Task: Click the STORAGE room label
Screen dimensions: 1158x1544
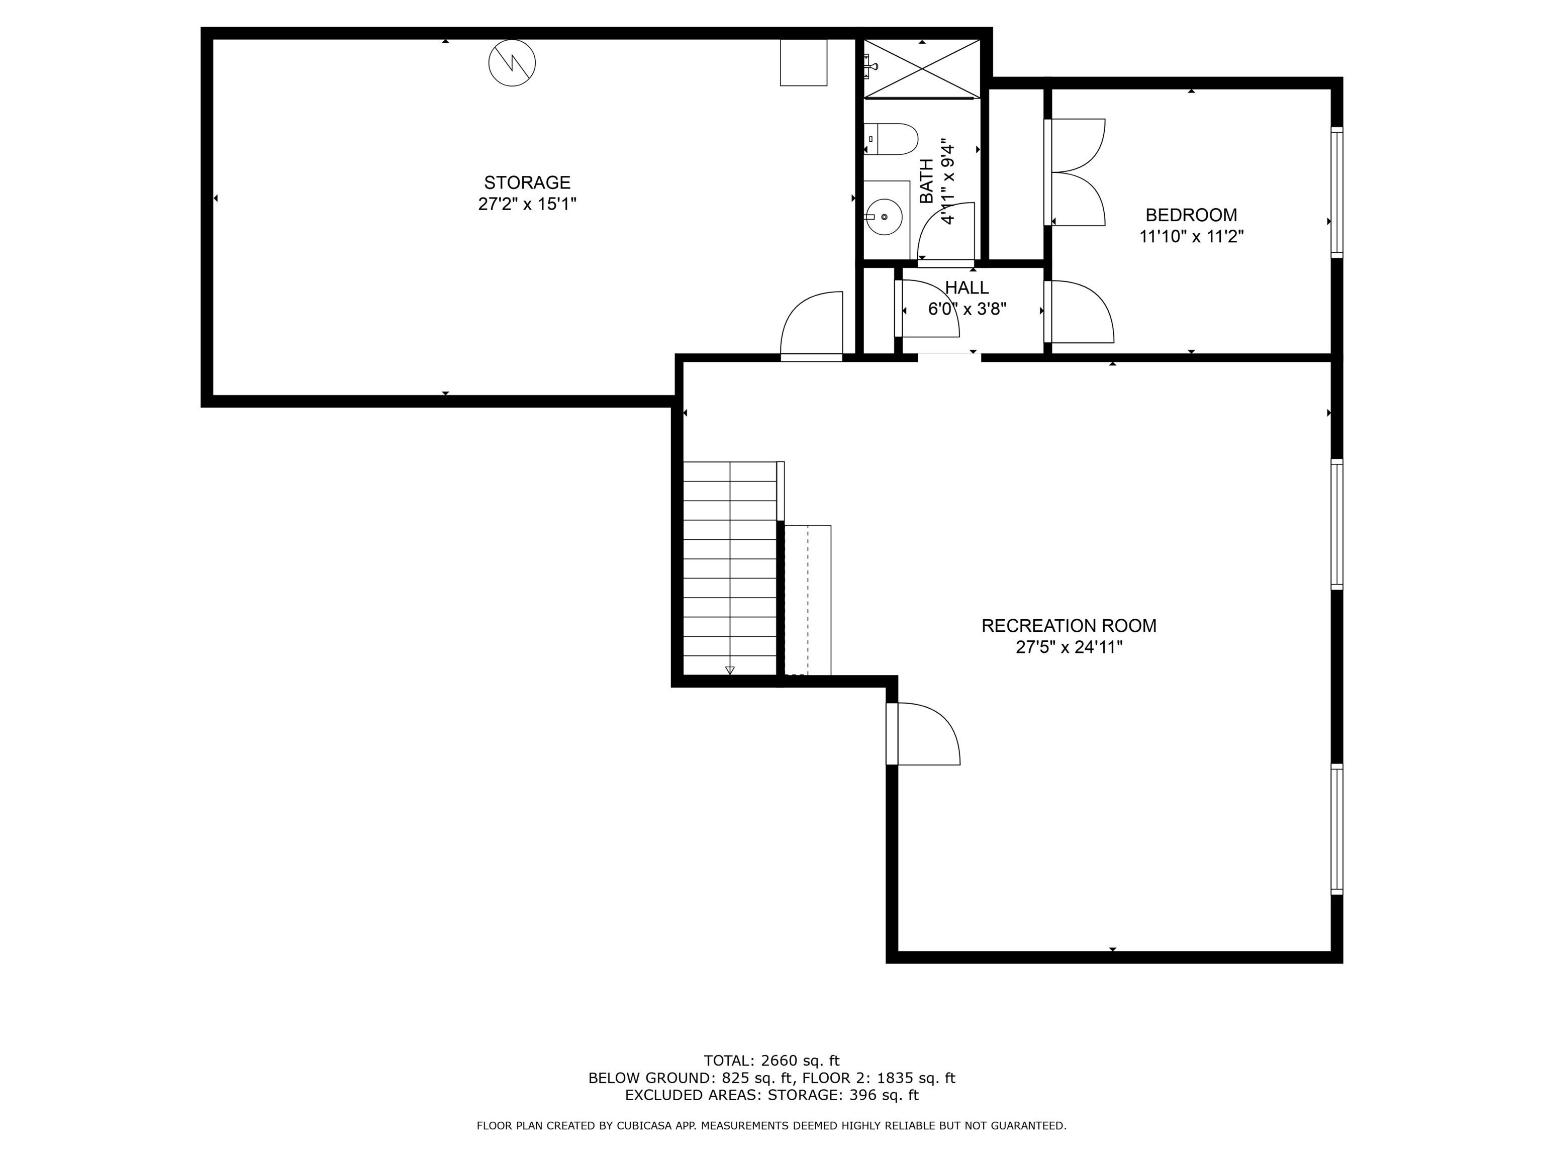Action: pos(527,183)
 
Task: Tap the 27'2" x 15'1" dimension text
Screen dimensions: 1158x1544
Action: pos(527,205)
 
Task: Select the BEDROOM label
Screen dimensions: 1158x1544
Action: pos(1191,215)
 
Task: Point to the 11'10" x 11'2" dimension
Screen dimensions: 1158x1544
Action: pos(1191,237)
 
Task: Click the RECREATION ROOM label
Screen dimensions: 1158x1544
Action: pos(1068,625)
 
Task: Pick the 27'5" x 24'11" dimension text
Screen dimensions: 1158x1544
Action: pos(1068,647)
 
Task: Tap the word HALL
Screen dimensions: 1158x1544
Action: pos(967,287)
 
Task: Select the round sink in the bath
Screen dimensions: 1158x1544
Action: pos(885,217)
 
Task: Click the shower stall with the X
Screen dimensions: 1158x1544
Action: pos(922,68)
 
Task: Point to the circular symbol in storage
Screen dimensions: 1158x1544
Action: pos(512,63)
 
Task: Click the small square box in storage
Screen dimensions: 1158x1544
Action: pos(803,62)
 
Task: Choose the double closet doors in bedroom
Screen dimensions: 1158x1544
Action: pos(1075,172)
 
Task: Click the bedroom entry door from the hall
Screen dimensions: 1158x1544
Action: pos(1079,312)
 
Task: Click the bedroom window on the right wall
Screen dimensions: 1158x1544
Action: pos(1336,191)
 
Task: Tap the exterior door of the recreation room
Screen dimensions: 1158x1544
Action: pos(923,734)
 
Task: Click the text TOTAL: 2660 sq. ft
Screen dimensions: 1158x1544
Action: pos(771,1060)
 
